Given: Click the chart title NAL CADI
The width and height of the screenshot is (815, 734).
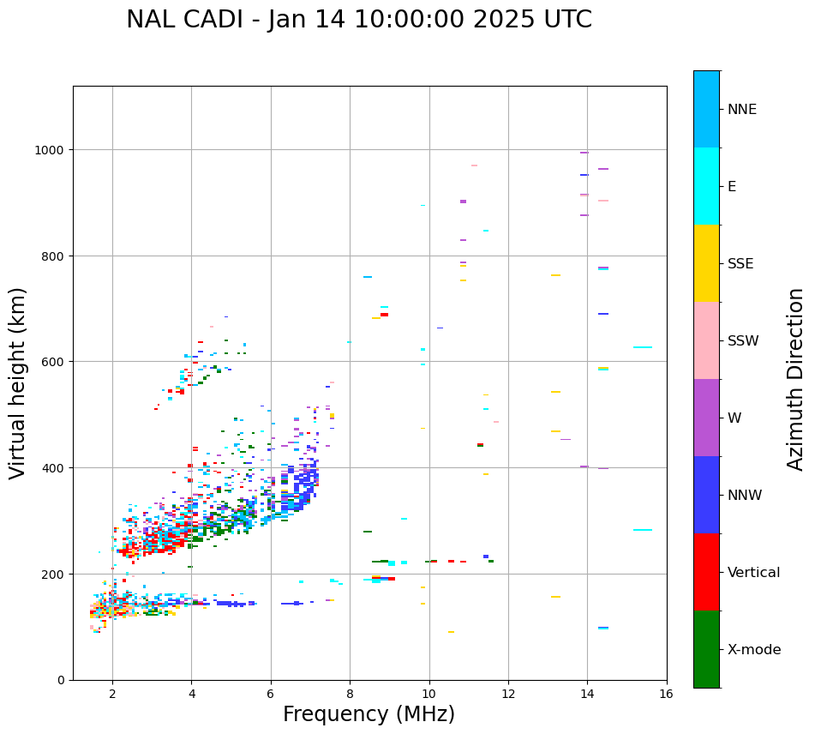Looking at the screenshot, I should pos(358,20).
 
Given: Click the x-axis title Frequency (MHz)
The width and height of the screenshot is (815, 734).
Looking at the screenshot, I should pos(369,714).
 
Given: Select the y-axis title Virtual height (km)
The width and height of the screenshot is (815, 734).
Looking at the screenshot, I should pos(18,383).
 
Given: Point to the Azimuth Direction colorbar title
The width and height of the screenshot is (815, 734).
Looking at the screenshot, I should pos(796,379).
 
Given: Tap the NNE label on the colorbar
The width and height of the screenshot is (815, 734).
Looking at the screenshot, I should pos(742,110).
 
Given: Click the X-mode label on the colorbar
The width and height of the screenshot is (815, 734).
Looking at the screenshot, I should pos(754,650).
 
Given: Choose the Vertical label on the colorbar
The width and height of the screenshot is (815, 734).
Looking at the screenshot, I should pos(754,573).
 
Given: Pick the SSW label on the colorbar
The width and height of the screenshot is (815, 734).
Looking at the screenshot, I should pos(743,341).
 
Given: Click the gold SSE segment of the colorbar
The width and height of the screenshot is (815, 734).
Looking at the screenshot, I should pos(706,263).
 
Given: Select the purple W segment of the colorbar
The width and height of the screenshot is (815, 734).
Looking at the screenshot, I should pos(706,418).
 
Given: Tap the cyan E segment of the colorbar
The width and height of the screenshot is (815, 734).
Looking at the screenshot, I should pos(706,186).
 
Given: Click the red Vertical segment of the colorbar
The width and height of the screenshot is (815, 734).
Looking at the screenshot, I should pos(706,572).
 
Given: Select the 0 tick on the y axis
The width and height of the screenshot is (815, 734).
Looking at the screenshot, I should pos(62,680).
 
